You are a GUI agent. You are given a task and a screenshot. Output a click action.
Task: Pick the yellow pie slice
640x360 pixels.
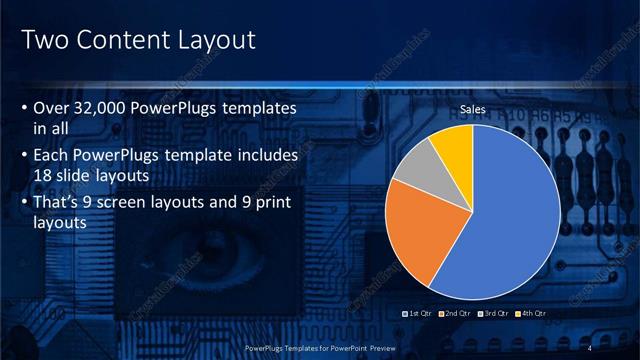coord(452,145)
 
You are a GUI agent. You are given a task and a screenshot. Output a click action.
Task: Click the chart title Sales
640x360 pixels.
coord(474,108)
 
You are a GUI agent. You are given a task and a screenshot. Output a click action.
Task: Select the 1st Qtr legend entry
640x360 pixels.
coord(418,314)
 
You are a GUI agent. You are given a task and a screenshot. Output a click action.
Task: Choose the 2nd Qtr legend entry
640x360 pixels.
coord(454,314)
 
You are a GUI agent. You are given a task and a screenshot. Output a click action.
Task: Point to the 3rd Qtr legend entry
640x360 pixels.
coord(491,314)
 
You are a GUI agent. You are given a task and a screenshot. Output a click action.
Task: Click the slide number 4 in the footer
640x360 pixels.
coord(591,347)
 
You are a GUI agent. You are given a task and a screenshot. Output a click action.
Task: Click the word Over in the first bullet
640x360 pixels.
coord(51,107)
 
